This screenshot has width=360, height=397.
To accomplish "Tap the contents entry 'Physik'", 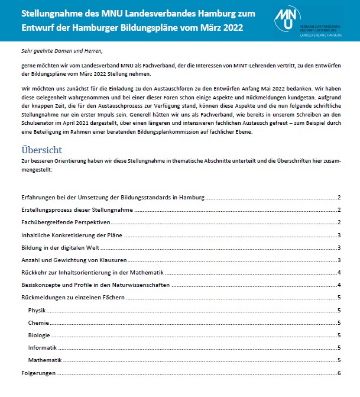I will [x=37, y=310].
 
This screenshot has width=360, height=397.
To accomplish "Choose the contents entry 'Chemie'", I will [x=38, y=322].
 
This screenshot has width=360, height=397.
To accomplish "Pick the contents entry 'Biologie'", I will [x=39, y=335].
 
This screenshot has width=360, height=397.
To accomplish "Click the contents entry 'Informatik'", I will [x=42, y=347].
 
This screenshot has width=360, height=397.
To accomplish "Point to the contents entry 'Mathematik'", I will [x=45, y=360].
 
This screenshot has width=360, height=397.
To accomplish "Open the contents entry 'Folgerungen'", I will [x=38, y=373].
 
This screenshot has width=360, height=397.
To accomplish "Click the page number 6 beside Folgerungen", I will [x=339, y=373].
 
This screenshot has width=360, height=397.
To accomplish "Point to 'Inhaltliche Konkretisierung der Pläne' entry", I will [x=72, y=235].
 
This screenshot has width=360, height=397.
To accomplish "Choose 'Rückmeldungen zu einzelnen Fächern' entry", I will [x=72, y=298].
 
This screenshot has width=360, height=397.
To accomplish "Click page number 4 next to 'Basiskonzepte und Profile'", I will [x=339, y=285].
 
